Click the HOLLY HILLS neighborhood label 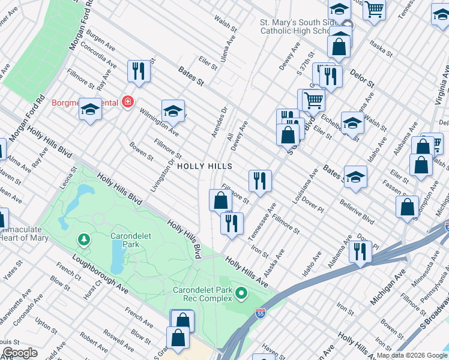point(203,166)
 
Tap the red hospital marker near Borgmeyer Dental point(127,102)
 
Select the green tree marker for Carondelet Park point(83,241)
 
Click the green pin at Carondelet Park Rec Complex point(241,293)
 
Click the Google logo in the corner point(20,353)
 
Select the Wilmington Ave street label point(159,121)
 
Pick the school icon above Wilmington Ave point(172,110)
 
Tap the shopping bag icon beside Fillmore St point(220,200)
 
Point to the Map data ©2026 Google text point(412,355)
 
